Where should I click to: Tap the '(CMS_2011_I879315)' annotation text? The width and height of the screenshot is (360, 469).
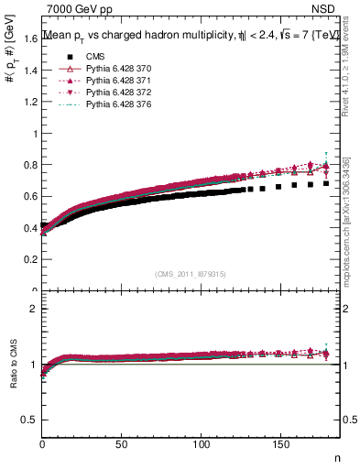191,273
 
